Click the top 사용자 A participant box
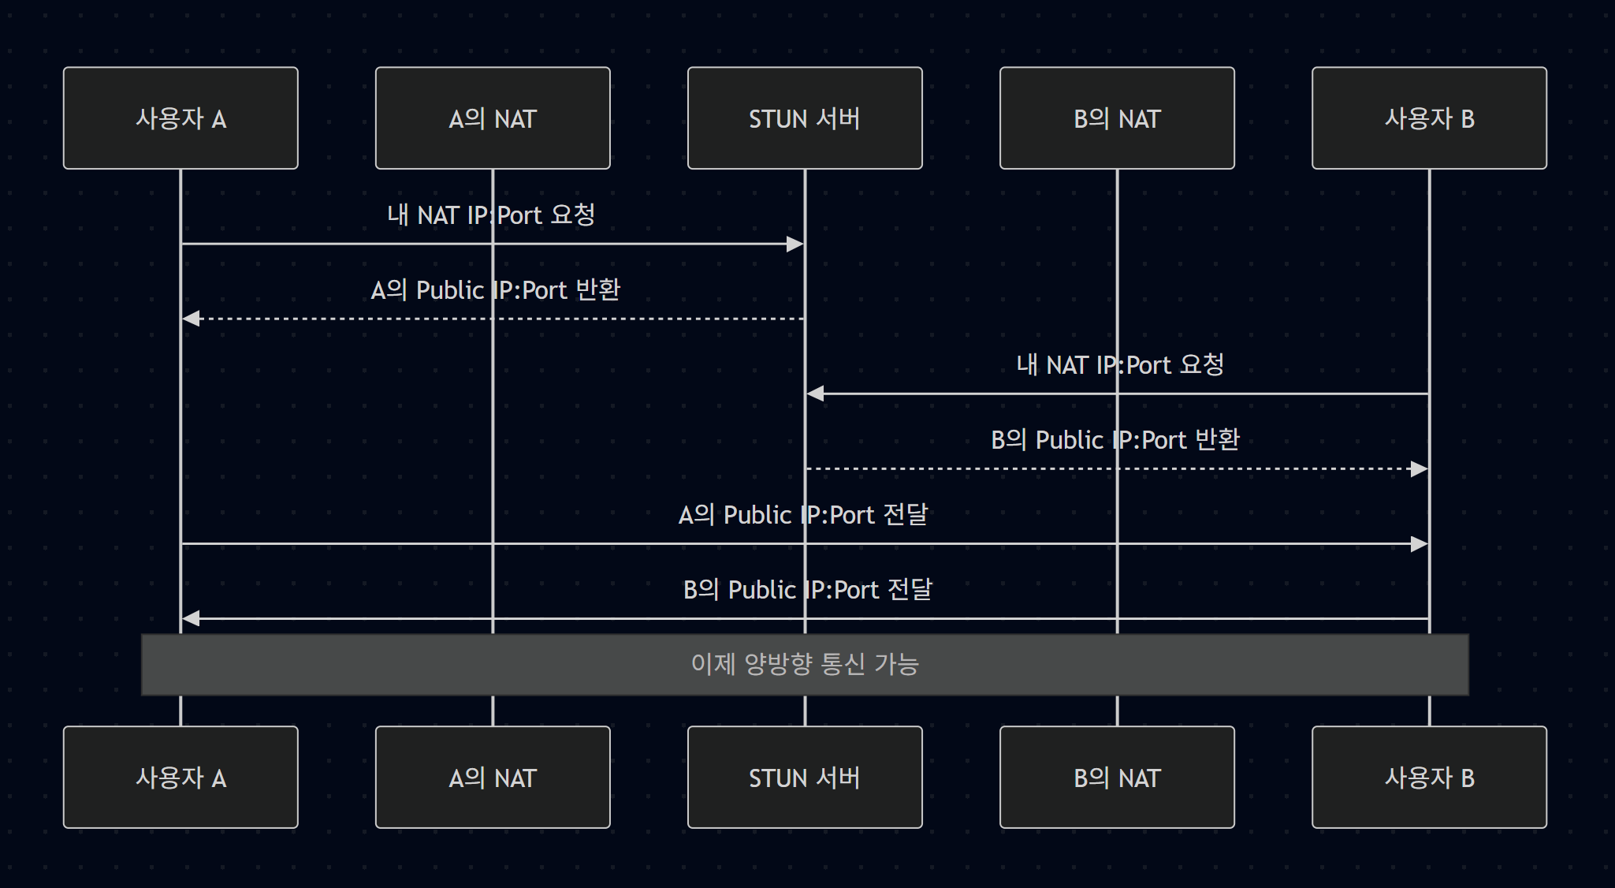point(180,118)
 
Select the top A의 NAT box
point(493,118)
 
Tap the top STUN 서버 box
point(805,118)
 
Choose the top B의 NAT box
point(1117,118)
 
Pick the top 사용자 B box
point(1429,118)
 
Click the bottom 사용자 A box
point(180,778)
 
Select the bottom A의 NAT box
point(493,778)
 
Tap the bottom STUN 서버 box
point(805,778)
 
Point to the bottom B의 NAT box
point(1117,778)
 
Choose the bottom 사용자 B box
point(1429,778)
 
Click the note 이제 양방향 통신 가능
point(805,664)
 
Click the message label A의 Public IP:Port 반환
point(495,290)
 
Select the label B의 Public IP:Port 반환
point(1114,440)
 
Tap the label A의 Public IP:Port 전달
point(803,515)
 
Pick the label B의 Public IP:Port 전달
point(807,590)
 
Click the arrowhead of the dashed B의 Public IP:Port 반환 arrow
point(1419,469)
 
